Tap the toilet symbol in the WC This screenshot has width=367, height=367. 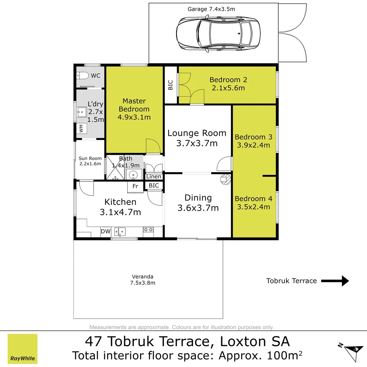(x=83, y=75)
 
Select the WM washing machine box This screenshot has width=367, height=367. (x=82, y=128)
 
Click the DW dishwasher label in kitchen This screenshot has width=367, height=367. (x=106, y=231)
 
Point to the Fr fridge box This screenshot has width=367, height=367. (x=135, y=187)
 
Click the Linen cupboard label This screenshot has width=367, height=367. (x=154, y=176)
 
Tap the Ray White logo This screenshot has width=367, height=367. (x=22, y=349)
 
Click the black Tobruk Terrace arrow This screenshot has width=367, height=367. (x=335, y=281)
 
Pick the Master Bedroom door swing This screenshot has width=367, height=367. (x=153, y=146)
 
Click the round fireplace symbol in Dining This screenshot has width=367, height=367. (x=226, y=179)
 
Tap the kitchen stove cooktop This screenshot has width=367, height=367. (x=148, y=230)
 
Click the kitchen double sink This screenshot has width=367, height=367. (x=120, y=232)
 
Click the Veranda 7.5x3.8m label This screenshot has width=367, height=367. (x=142, y=280)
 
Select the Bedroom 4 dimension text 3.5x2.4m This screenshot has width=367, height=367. (x=254, y=207)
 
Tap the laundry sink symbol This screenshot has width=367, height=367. (x=82, y=112)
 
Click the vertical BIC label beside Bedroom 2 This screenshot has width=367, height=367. (x=171, y=85)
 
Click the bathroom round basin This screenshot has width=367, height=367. (x=133, y=175)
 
